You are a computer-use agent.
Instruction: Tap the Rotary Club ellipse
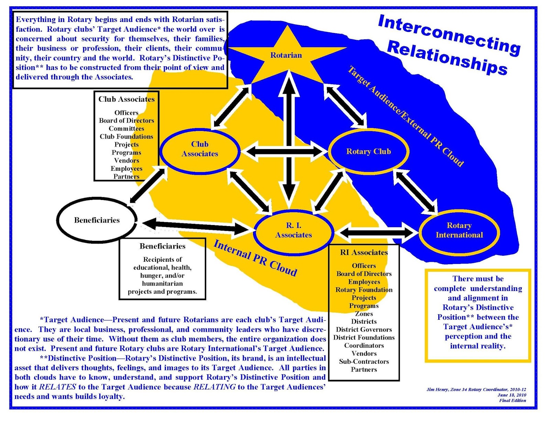pos(368,152)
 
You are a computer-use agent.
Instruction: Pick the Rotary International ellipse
pos(459,231)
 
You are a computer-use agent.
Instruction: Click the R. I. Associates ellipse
pos(294,231)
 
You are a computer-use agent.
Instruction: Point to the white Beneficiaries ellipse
pos(97,220)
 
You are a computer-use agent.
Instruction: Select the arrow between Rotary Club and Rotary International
pos(416,191)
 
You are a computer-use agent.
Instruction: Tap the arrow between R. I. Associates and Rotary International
pos(376,233)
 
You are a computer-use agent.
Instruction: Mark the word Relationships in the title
pos(447,58)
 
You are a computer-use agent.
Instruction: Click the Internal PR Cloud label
pos(255,258)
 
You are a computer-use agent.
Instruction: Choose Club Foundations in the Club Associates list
pos(126,136)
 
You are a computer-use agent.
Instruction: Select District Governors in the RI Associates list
pos(364,329)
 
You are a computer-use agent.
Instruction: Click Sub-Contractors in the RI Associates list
pos(364,361)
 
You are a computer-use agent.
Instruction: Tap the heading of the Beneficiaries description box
pos(162,246)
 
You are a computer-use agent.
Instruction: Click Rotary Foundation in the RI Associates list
pos(364,290)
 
